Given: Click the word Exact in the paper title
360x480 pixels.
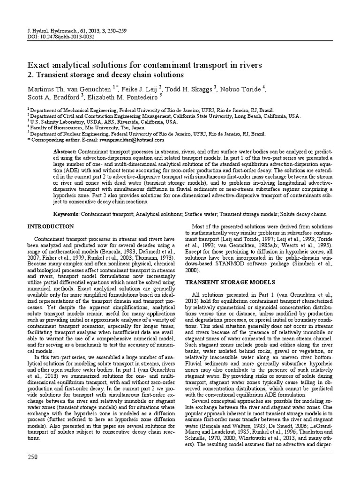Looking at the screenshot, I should click(x=40, y=64).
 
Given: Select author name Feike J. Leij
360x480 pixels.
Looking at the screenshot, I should click(x=140, y=87).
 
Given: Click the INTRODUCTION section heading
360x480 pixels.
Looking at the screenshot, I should click(x=51, y=226).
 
